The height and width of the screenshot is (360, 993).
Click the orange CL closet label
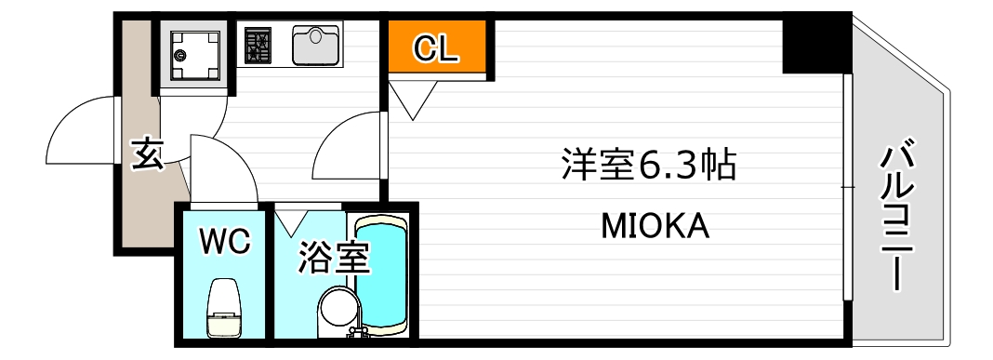(435, 48)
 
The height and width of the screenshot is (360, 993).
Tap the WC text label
(225, 243)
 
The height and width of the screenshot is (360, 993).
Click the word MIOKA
(655, 225)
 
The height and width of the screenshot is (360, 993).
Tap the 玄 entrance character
(146, 153)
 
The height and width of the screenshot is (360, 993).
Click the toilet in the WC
(225, 309)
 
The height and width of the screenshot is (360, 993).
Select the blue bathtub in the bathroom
(382, 273)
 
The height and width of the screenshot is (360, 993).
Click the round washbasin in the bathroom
(336, 309)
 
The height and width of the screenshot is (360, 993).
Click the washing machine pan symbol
(194, 54)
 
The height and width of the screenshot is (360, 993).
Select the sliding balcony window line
(846, 186)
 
